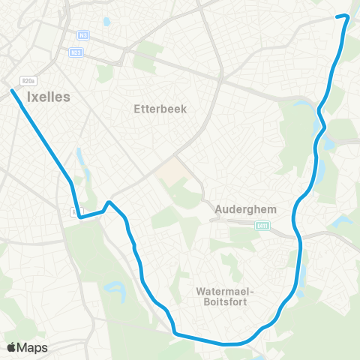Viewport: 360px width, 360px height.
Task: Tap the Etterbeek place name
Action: (x=159, y=109)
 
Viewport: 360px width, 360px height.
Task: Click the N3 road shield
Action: (x=82, y=34)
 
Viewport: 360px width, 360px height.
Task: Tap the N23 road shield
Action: (x=76, y=52)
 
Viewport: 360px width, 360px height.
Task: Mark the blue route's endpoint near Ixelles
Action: (x=13, y=91)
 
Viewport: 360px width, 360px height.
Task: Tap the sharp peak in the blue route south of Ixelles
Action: (x=109, y=202)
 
